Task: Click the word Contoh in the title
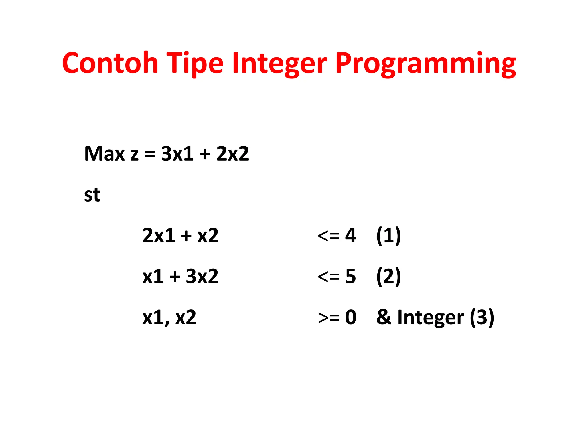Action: pyautogui.click(x=110, y=63)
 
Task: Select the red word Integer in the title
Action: pyautogui.click(x=279, y=64)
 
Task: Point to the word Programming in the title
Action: pyautogui.click(x=425, y=64)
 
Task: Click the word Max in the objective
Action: pyautogui.click(x=104, y=154)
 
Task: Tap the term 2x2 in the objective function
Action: pyautogui.click(x=232, y=154)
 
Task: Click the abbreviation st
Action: pyautogui.click(x=92, y=195)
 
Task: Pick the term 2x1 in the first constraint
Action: pyautogui.click(x=159, y=236)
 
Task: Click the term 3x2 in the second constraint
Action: pyautogui.click(x=202, y=276)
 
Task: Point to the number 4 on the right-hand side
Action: pyautogui.click(x=350, y=236)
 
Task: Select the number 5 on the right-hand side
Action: pyautogui.click(x=350, y=276)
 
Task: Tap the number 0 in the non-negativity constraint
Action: pyautogui.click(x=350, y=317)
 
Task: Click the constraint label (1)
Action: pyautogui.click(x=388, y=236)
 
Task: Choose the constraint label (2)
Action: pyautogui.click(x=388, y=276)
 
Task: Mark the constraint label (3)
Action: pyautogui.click(x=482, y=317)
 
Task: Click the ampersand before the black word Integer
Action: pyautogui.click(x=384, y=317)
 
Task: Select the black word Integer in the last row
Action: pyautogui.click(x=430, y=318)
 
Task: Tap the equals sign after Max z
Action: pyautogui.click(x=150, y=154)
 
